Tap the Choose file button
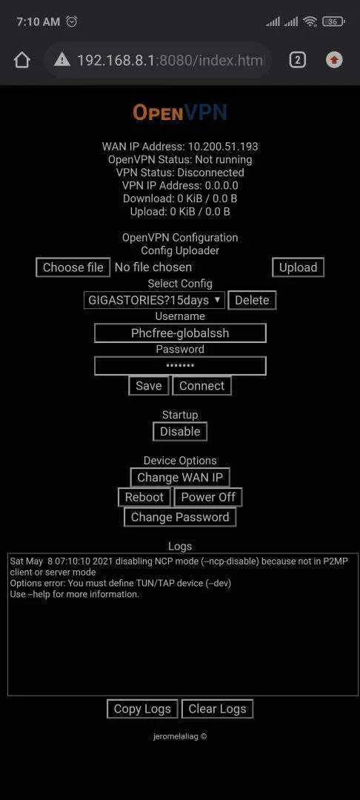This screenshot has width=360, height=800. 73,267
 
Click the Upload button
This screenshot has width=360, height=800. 299,267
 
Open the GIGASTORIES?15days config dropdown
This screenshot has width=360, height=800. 154,300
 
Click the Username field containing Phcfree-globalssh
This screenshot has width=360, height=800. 180,333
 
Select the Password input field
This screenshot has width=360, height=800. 180,366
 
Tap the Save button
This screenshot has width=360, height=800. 149,386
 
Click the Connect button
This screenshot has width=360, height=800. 202,386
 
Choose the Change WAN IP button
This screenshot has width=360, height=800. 180,478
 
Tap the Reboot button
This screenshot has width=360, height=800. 144,497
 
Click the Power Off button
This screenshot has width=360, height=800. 208,497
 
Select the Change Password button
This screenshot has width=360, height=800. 180,517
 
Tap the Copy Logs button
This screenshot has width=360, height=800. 142,709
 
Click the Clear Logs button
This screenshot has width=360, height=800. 217,709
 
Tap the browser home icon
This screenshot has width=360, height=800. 22,60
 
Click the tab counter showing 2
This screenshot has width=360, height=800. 297,60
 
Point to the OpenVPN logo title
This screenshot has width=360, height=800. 180,113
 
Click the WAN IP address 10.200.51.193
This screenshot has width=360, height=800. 224,147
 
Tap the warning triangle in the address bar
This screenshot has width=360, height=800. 61,60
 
